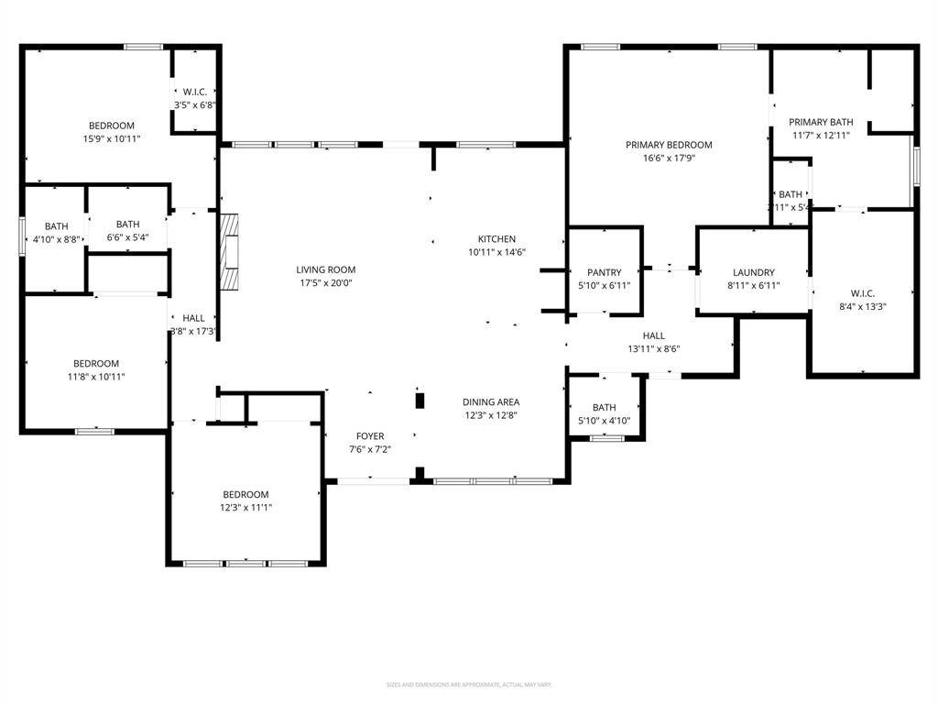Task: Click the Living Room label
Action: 325,269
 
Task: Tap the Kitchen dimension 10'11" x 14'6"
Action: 496,252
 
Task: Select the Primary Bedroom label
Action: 669,145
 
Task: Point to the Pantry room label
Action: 604,272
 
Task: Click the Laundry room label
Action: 754,272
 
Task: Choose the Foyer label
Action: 370,436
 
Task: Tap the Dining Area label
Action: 491,402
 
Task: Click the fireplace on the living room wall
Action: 229,251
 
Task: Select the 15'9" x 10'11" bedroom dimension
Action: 111,138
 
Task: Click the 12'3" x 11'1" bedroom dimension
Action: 245,507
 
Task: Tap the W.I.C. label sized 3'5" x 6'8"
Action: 194,92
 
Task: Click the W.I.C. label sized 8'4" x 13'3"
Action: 862,293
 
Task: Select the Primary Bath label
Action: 821,122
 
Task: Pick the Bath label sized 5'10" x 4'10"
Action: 604,408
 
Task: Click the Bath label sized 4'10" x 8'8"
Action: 56,226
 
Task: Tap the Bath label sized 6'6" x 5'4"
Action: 127,225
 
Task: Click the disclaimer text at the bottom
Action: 469,685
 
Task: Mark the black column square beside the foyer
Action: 420,401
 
